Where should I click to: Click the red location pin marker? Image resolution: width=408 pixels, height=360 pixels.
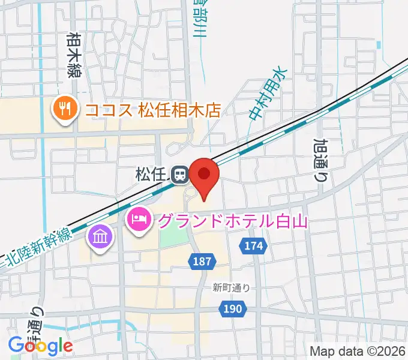(205, 175)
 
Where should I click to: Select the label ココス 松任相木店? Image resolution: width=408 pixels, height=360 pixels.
(153, 110)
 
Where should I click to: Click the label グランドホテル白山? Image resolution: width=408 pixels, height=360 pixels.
(233, 221)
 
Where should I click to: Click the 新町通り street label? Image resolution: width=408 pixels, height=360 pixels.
(231, 288)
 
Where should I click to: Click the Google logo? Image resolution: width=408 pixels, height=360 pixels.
(40, 345)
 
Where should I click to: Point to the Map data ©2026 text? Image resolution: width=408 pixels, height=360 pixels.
(358, 351)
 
